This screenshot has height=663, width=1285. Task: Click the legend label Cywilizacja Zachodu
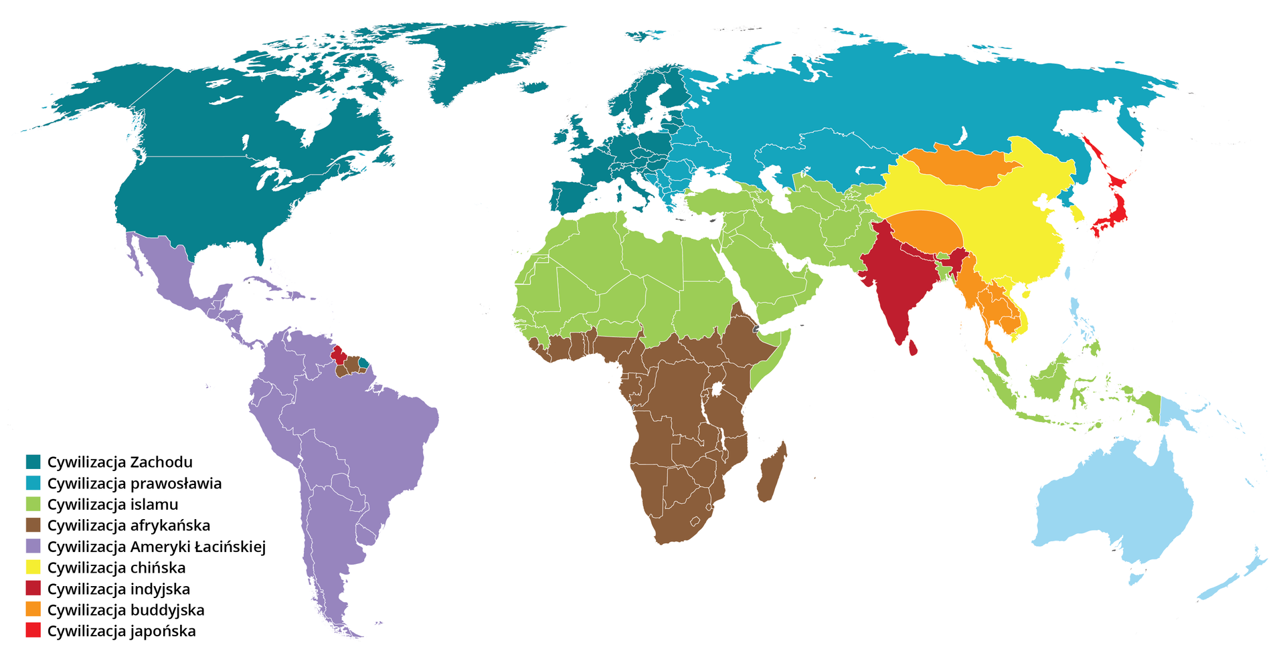[x=119, y=462]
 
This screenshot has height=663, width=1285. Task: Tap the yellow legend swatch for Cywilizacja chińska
[x=33, y=567]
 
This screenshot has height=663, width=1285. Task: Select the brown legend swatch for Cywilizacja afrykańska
[x=33, y=525]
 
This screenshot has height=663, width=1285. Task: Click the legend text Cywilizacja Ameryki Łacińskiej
[x=156, y=547]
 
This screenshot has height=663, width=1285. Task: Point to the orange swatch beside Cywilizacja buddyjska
[x=33, y=609]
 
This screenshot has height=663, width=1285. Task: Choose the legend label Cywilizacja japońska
[x=121, y=631]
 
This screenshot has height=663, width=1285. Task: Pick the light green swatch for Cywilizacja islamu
[x=33, y=504]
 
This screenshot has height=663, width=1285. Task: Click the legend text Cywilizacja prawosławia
[x=134, y=483]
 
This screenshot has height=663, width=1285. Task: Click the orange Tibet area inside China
[x=927, y=231]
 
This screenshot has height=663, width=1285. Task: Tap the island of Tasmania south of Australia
[x=1136, y=575]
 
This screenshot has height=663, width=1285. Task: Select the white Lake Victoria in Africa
[x=717, y=388]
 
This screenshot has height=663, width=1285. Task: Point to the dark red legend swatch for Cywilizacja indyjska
[x=33, y=589]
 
